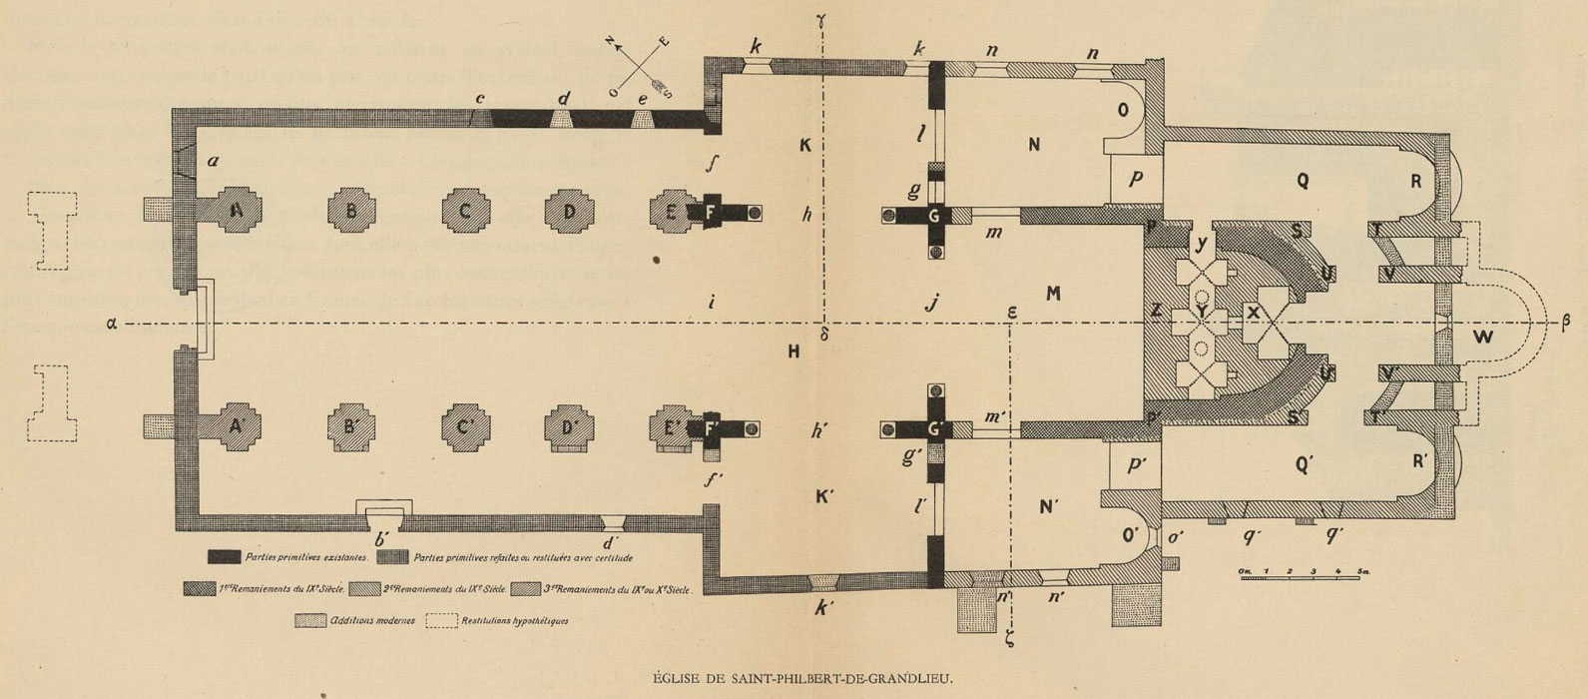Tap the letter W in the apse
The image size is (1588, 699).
pos(1483,337)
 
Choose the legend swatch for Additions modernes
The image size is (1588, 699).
pos(312,621)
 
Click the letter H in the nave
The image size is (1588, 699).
pos(794,350)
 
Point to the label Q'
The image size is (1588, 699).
pos(1304,463)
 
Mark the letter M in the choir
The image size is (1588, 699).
pos(1052,294)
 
